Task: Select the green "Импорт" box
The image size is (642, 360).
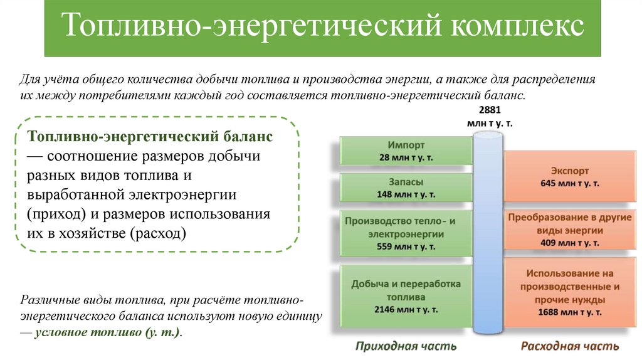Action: pos(406,150)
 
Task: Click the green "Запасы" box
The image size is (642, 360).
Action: pos(406,188)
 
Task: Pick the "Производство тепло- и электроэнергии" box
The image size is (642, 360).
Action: pos(406,233)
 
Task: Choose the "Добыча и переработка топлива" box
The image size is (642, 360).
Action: pos(406,295)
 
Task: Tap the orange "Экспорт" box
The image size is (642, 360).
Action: pos(569,176)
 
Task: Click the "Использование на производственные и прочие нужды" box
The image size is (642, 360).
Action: pos(569,292)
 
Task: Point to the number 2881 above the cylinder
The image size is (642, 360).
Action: pos(490,110)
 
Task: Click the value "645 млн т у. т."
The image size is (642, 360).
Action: pos(569,183)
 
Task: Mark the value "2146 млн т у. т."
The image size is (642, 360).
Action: pos(406,309)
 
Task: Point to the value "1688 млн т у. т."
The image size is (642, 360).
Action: pos(569,312)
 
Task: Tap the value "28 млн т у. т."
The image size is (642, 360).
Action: pos(406,157)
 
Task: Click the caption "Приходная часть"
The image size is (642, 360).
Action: pos(406,346)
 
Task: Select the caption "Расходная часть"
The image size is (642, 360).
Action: pos(569,346)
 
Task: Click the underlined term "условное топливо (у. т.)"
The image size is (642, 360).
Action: pos(107,332)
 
